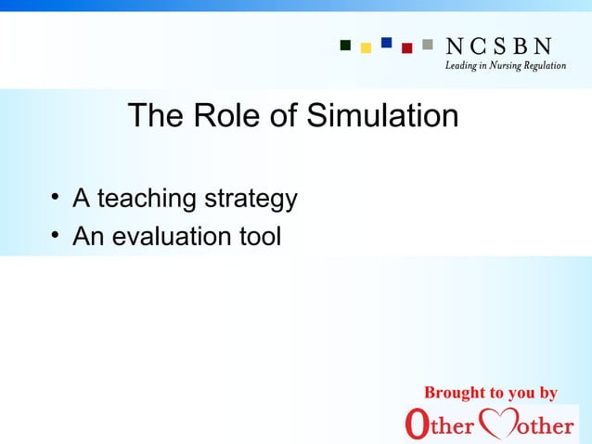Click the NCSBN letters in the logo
(499, 46)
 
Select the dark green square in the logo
(345, 44)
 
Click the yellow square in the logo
(366, 47)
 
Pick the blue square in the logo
(386, 43)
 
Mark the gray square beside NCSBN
(427, 44)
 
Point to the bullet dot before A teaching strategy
(56, 197)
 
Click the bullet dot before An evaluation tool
(56, 235)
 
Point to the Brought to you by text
(490, 393)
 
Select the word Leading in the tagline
(457, 66)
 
